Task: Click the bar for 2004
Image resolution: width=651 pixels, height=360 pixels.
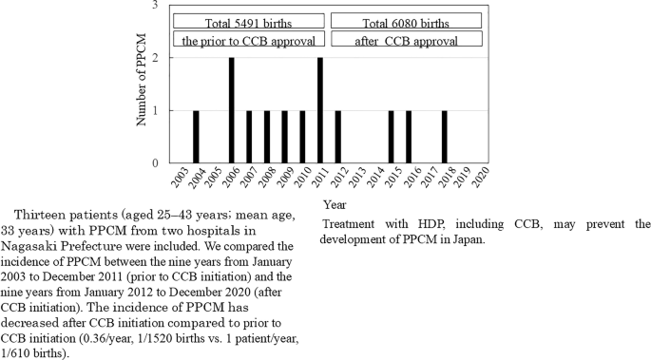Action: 196,137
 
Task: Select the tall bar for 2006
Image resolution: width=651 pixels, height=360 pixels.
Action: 231,110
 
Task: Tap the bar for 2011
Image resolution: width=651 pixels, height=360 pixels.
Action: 320,110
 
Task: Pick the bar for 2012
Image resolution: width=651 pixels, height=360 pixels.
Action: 337,137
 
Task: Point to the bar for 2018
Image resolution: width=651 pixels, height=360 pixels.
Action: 444,137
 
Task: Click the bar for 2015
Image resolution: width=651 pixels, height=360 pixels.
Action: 391,137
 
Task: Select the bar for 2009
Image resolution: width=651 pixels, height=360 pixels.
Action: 284,137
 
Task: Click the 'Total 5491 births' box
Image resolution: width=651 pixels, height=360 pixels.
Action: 249,21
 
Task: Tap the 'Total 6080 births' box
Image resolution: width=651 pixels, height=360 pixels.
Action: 408,21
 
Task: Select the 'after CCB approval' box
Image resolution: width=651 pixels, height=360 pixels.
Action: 408,41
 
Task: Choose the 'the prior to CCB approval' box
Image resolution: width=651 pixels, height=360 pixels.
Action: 249,41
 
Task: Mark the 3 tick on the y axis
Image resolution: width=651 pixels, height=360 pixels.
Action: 156,6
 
